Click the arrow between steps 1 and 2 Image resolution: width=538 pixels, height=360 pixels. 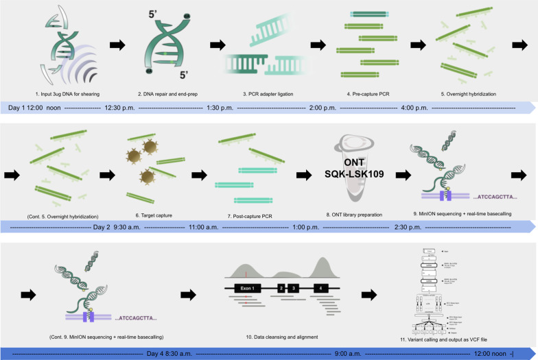(x=118, y=45)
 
